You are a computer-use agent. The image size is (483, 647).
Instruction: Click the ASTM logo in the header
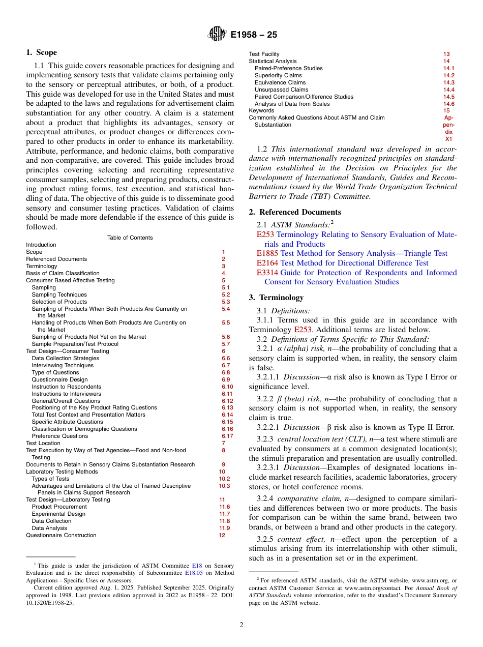[217, 35]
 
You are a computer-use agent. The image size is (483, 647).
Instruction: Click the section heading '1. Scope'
[41, 52]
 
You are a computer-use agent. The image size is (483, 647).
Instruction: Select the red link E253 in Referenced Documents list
[265, 234]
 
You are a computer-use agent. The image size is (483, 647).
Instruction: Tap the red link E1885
[267, 253]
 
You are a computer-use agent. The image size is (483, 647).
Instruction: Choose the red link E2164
[267, 263]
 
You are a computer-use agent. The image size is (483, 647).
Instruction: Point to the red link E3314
[267, 273]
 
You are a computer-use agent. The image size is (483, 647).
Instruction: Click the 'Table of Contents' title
[130, 238]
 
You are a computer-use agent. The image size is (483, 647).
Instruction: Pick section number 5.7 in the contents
[226, 344]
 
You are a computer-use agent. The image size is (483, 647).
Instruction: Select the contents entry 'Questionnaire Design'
[59, 379]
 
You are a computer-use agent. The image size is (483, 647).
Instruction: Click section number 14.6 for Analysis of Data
[448, 104]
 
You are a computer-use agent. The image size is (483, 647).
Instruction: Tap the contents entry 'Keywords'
[261, 110]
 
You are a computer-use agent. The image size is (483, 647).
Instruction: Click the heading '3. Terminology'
[276, 298]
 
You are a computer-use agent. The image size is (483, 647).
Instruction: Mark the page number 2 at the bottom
[242, 625]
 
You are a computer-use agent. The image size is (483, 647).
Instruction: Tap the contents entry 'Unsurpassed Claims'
[281, 90]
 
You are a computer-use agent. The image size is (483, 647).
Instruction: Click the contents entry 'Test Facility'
[264, 54]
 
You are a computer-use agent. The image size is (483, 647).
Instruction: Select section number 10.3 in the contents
[224, 486]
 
